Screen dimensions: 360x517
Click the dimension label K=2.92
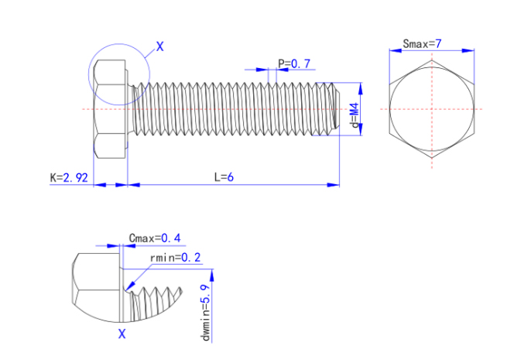click(68, 177)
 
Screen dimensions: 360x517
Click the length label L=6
click(224, 177)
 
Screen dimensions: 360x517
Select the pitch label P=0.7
click(294, 63)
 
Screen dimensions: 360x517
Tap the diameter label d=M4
click(354, 119)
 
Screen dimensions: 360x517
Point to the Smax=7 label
click(422, 44)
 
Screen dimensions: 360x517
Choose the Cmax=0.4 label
click(155, 238)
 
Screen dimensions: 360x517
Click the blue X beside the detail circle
click(160, 47)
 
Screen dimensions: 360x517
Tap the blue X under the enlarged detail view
click(121, 334)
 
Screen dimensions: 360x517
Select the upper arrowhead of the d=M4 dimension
click(362, 86)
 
